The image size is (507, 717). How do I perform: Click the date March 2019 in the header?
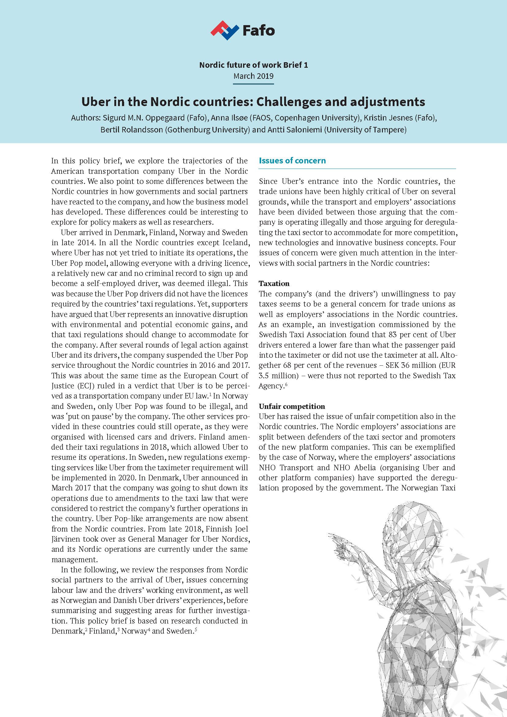[x=253, y=76]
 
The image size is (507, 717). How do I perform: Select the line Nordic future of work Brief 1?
[x=253, y=65]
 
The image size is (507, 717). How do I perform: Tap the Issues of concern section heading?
[x=292, y=161]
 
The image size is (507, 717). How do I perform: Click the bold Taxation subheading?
[x=274, y=284]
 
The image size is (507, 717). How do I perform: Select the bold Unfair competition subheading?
[x=292, y=406]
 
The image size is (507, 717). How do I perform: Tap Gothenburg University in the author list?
[x=206, y=130]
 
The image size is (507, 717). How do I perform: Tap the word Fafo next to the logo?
[x=259, y=31]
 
